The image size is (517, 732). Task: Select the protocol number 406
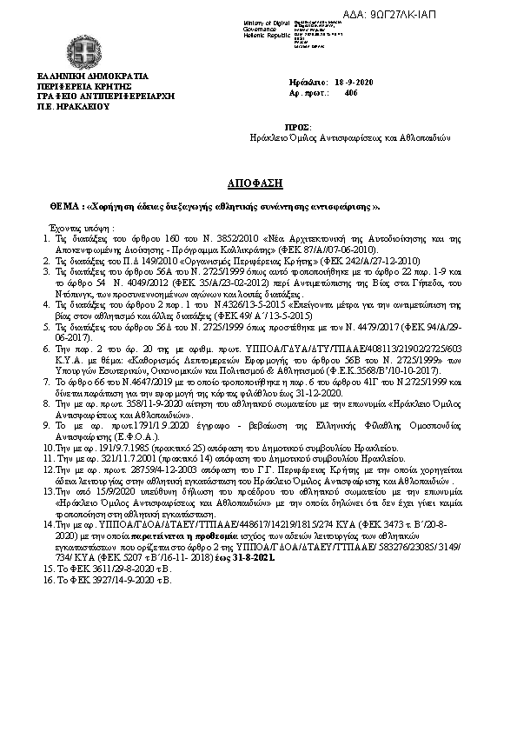pos(350,91)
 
